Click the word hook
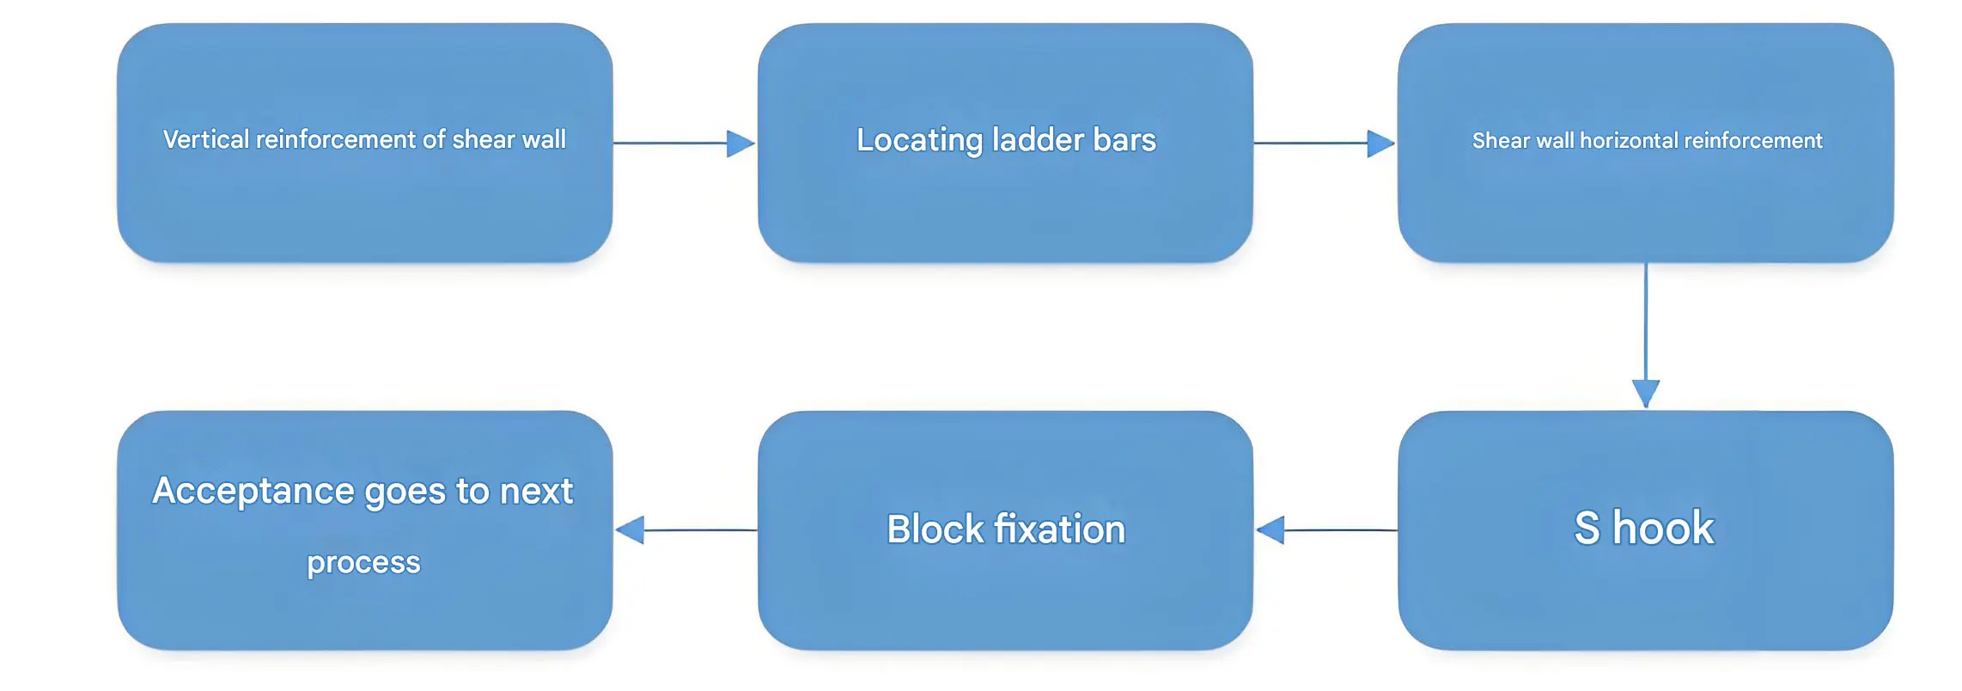[1663, 528]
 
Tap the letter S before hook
[1587, 528]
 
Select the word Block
[935, 529]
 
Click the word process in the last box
[363, 562]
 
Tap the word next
[536, 492]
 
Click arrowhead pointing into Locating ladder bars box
[740, 144]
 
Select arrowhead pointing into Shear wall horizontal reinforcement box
[1380, 144]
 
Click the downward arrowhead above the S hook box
[1645, 393]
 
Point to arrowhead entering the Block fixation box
[1270, 530]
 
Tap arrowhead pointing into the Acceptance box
[631, 530]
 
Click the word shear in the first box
[483, 139]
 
